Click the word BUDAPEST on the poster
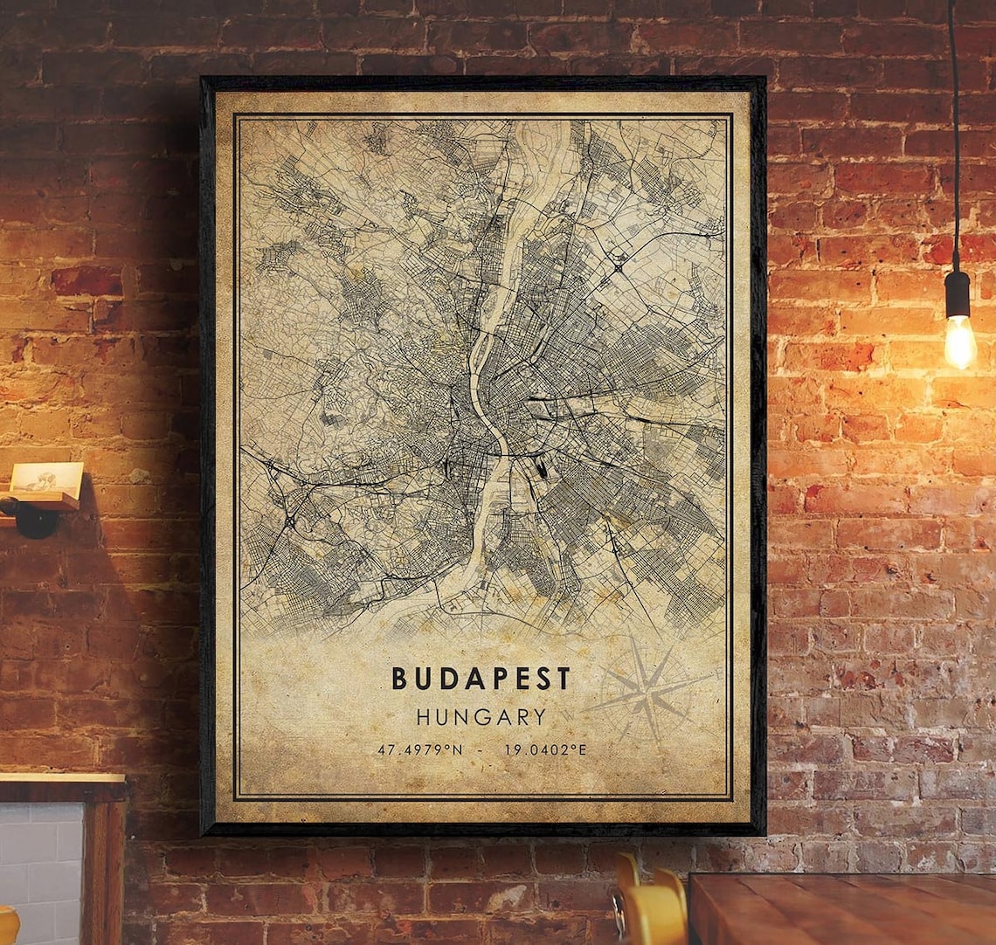(481, 678)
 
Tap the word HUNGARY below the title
(481, 717)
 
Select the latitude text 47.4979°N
(419, 749)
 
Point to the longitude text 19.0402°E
(542, 749)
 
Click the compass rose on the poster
(651, 690)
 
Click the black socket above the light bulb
(958, 293)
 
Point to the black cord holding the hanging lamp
(953, 131)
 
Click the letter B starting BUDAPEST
(399, 678)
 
